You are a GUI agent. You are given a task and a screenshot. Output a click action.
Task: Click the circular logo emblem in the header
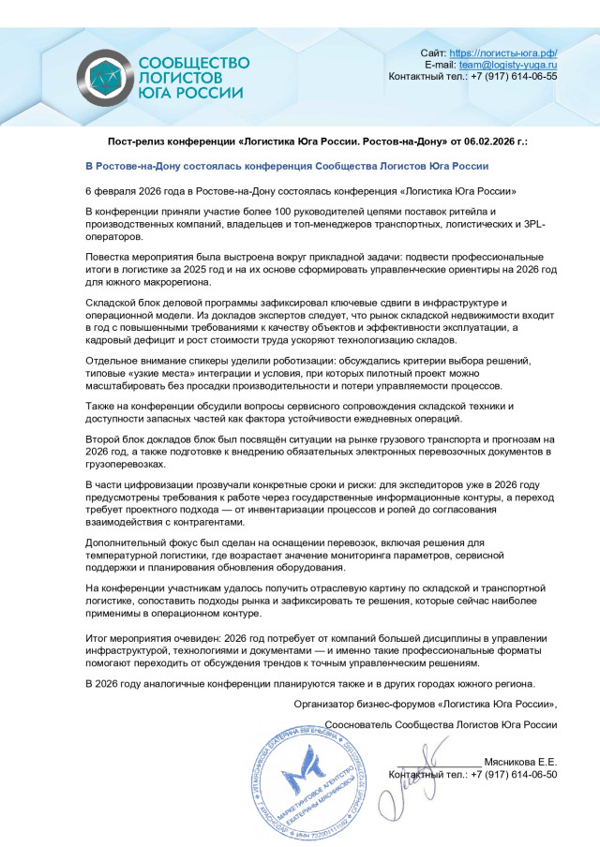click(105, 76)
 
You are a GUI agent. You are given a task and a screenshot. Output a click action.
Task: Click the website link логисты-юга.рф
click(503, 52)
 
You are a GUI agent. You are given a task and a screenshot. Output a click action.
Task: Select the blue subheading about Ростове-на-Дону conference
click(287, 166)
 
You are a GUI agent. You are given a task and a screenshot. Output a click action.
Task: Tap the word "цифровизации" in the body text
click(145, 484)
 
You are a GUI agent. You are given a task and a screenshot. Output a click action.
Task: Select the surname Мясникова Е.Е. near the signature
click(520, 762)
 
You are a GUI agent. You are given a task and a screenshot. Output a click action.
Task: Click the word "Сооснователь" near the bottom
click(362, 725)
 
